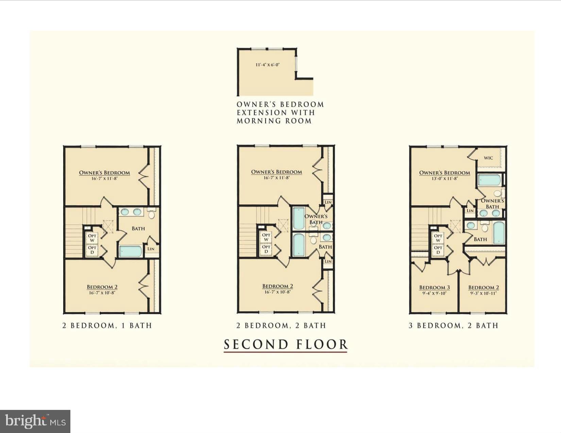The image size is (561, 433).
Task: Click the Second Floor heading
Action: coord(286,344)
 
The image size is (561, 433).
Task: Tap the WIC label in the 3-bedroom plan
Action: coord(488,158)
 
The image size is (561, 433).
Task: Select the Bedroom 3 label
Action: coord(434,288)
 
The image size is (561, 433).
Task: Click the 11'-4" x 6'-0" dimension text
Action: coord(268,65)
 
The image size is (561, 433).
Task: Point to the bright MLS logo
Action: coord(35,421)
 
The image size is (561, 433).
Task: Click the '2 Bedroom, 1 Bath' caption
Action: coord(107,325)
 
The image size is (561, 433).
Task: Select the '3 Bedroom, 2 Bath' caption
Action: coord(454,325)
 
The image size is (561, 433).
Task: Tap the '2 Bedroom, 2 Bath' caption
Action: coord(281,325)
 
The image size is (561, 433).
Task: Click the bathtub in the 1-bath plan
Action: coord(131,252)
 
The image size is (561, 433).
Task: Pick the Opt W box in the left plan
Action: coord(92,238)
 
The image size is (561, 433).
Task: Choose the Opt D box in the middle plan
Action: coord(266,249)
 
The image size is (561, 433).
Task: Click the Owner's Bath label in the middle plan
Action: coord(316,219)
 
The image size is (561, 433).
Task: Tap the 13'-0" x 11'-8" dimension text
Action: coord(445,178)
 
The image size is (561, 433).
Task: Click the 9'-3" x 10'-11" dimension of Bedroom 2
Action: coord(483,293)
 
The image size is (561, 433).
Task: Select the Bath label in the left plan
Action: coord(138,229)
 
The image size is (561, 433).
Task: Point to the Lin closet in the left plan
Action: coord(151,249)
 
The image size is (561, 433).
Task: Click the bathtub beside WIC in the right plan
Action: coord(489,180)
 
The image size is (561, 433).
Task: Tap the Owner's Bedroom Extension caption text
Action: coord(280,112)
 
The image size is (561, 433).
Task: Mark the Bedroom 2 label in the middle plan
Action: coord(277,286)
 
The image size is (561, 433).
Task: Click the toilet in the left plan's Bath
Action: coord(151,214)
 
